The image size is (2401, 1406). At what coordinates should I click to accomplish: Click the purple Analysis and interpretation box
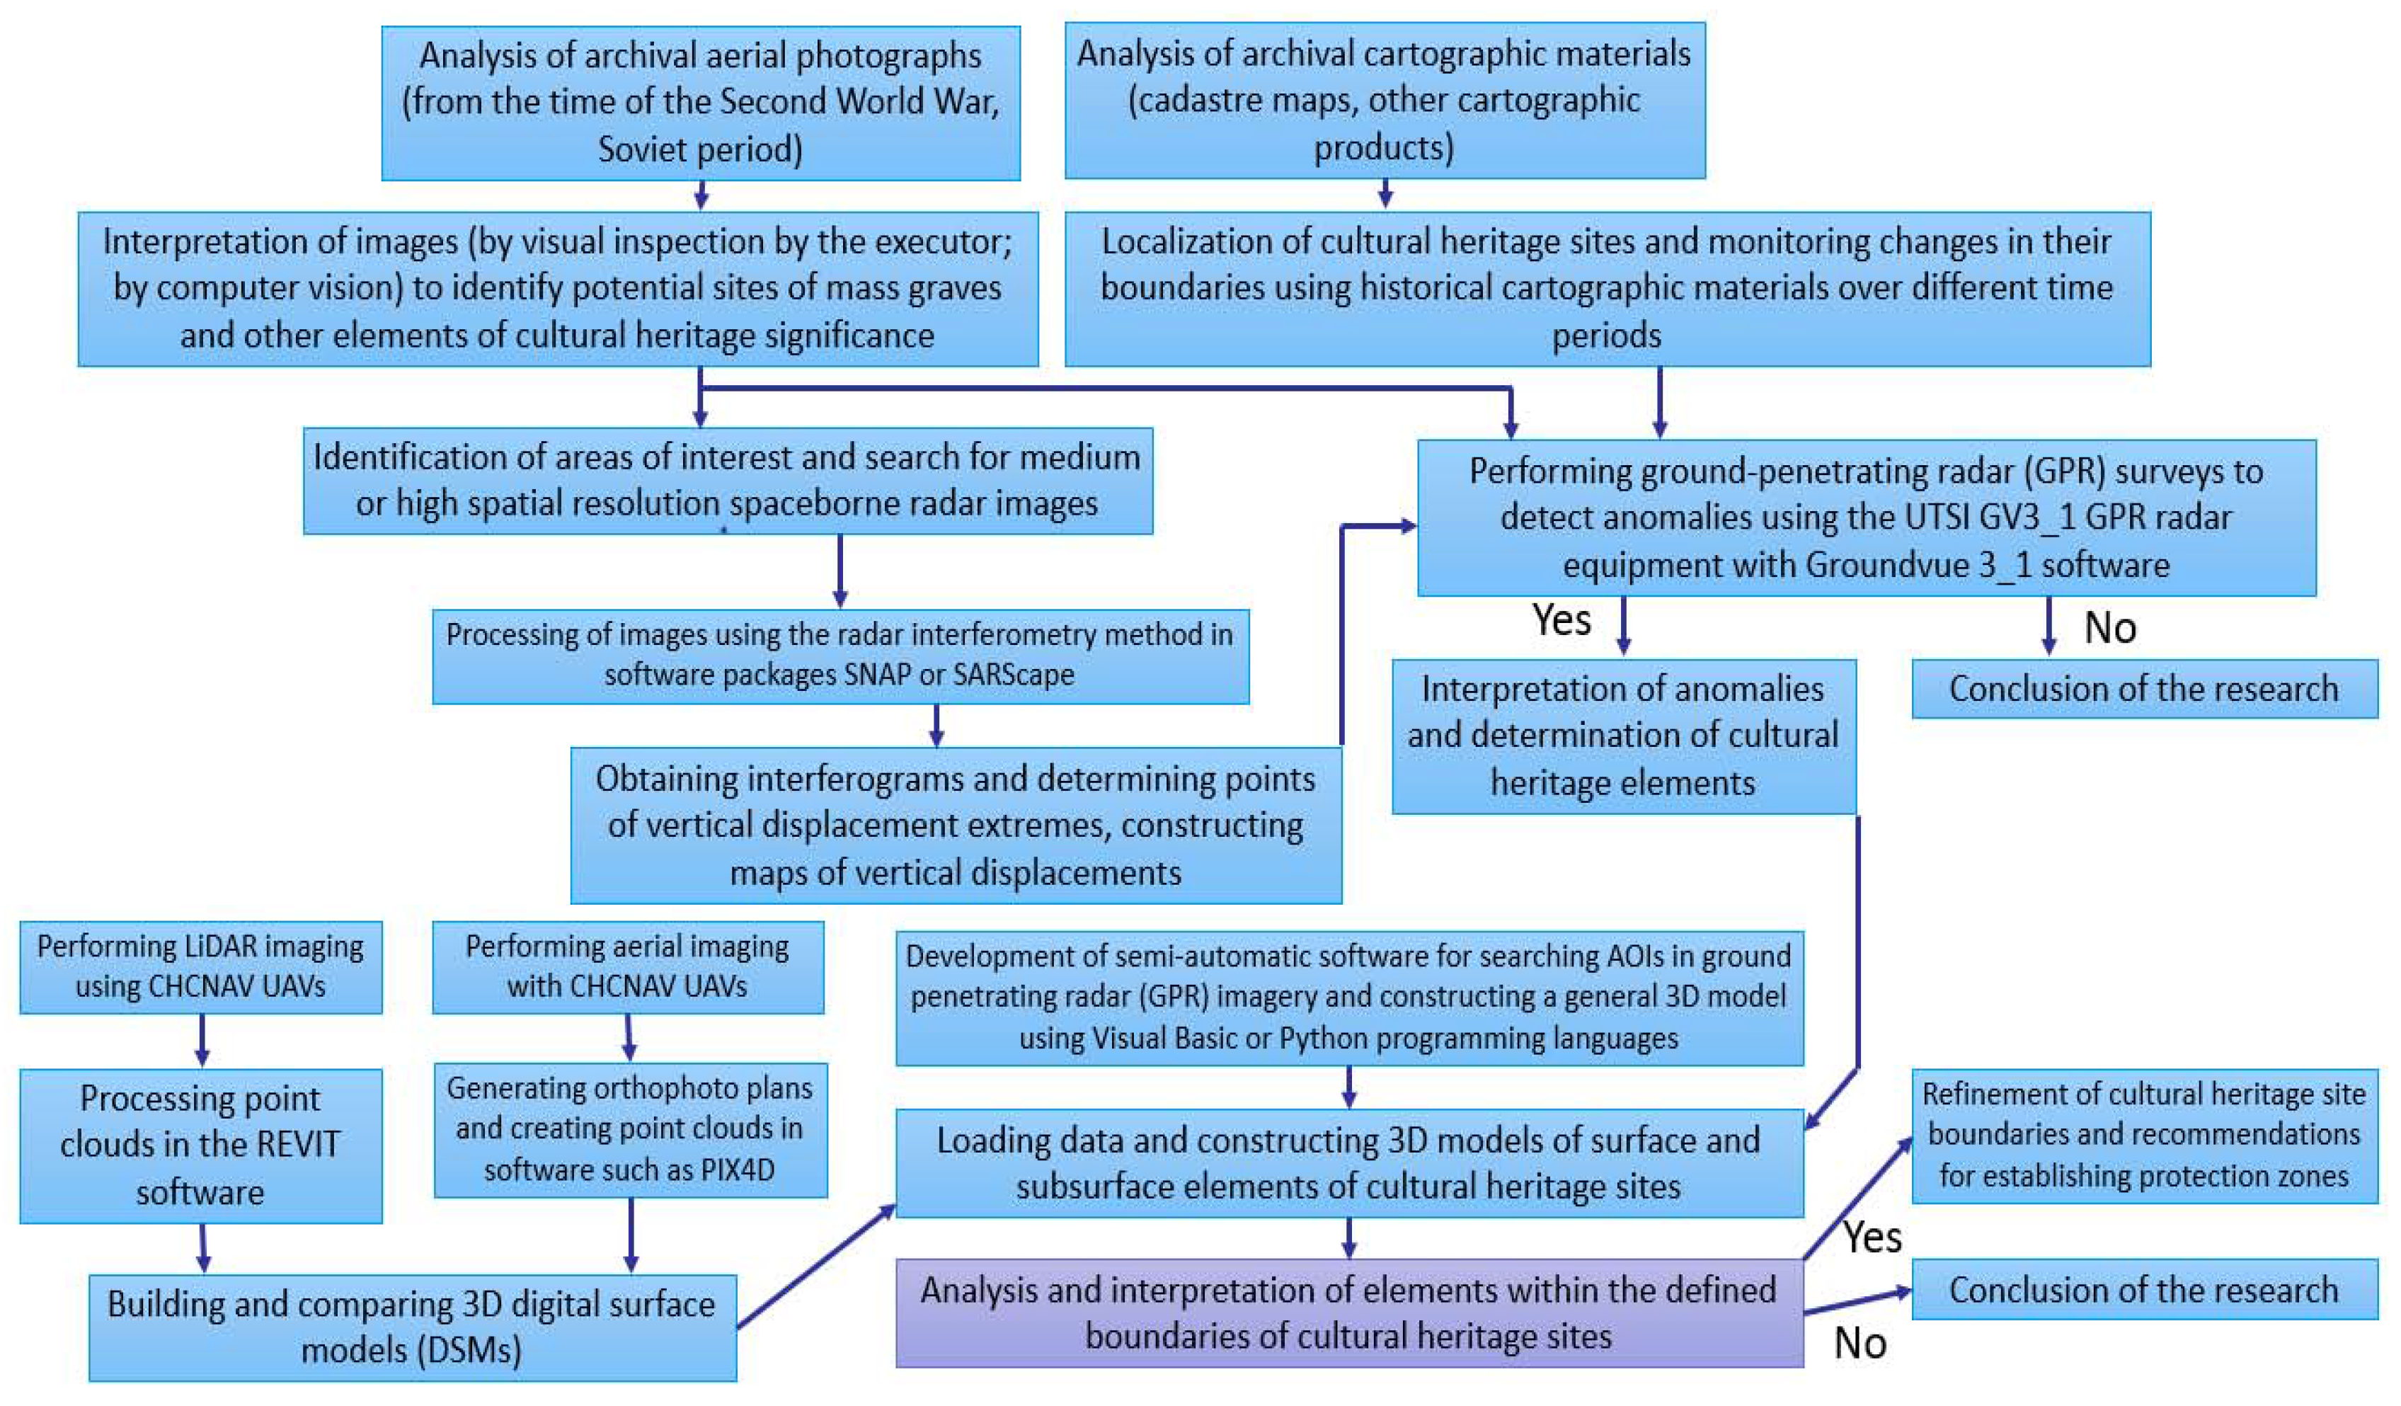(x=1348, y=1313)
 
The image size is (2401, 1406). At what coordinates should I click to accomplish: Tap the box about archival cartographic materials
(x=1385, y=100)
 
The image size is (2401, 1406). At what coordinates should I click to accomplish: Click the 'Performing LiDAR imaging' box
(x=200, y=966)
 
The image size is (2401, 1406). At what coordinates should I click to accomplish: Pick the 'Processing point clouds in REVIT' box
(x=200, y=1145)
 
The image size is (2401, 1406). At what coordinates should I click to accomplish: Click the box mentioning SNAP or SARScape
(x=840, y=655)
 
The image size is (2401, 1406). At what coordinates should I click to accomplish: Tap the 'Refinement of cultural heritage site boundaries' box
(x=2144, y=1134)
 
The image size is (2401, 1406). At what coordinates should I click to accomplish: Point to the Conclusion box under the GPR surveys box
(x=2144, y=687)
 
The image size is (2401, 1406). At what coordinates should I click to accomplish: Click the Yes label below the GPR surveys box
(x=1561, y=621)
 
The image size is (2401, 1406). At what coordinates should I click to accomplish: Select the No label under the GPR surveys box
(x=2109, y=628)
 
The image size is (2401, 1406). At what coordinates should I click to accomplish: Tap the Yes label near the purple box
(x=1872, y=1238)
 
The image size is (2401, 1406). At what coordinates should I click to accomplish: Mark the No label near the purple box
(x=1860, y=1343)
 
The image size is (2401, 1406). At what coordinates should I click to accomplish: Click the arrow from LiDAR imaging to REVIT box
(x=202, y=1040)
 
